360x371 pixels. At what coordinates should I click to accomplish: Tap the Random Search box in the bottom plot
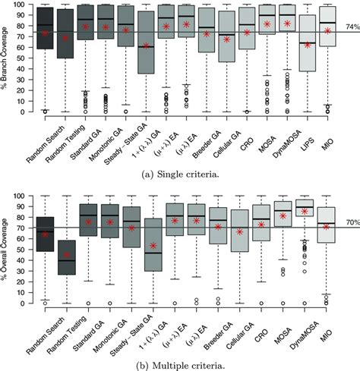coord(45,234)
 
